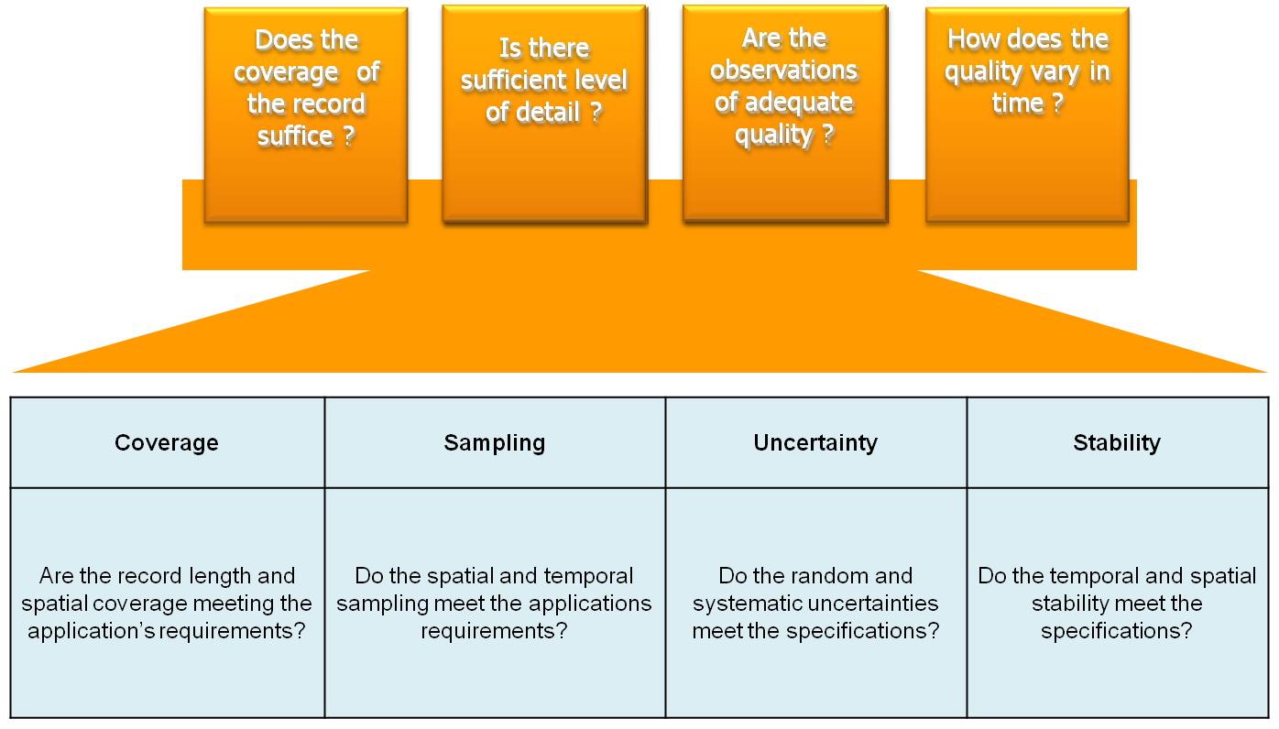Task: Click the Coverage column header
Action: pyautogui.click(x=166, y=443)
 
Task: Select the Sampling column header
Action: pyautogui.click(x=495, y=443)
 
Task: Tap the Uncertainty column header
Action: pyautogui.click(x=815, y=443)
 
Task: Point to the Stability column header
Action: pyautogui.click(x=1117, y=443)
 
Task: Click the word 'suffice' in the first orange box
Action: pyautogui.click(x=295, y=136)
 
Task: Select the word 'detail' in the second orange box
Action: pyautogui.click(x=548, y=112)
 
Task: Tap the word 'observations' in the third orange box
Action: pyautogui.click(x=784, y=71)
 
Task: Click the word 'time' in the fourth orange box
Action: pyautogui.click(x=1018, y=103)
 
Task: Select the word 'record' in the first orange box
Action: pyautogui.click(x=330, y=103)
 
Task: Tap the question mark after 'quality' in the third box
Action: pyautogui.click(x=827, y=134)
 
